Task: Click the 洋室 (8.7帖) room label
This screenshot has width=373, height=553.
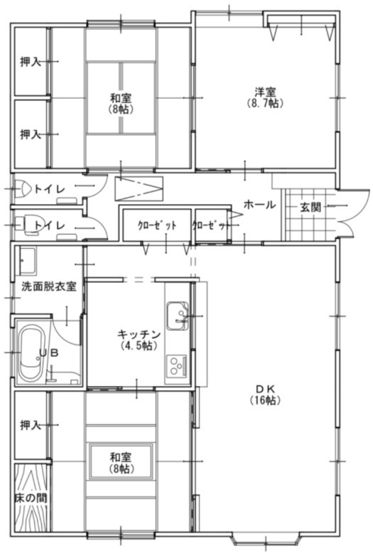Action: click(266, 97)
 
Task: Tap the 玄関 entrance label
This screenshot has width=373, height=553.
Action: click(310, 207)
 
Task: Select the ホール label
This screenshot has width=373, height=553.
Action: click(259, 205)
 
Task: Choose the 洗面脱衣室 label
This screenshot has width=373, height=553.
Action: click(45, 286)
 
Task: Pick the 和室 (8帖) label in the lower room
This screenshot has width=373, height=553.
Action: click(121, 462)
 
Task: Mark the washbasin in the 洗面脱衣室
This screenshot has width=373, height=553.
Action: click(28, 260)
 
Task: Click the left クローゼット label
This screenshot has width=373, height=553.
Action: click(157, 226)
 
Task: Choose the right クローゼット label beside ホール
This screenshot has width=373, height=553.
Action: click(211, 226)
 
